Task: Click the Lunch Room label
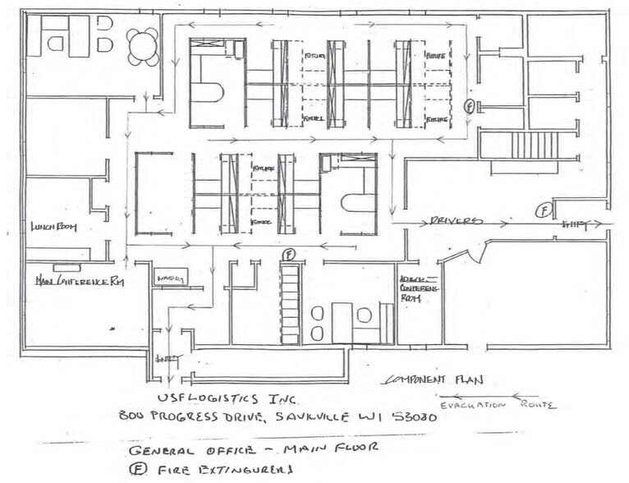coord(54,228)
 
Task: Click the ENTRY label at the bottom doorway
coord(168,359)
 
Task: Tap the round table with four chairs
coord(144,46)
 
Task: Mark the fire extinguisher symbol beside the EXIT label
coord(544,211)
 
